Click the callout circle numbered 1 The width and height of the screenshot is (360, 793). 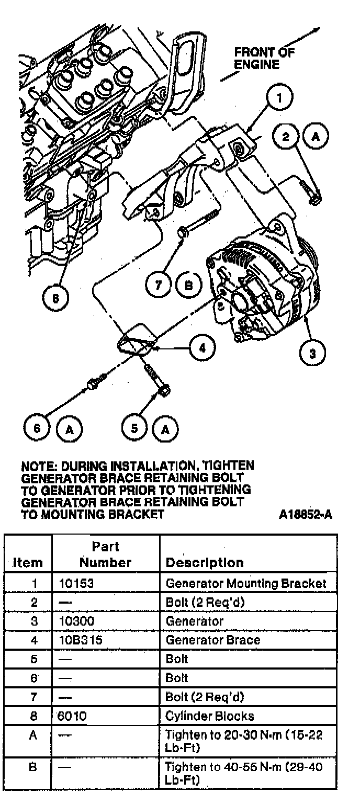point(280,98)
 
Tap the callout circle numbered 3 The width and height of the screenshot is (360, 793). point(313,353)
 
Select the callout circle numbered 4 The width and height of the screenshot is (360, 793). point(203,347)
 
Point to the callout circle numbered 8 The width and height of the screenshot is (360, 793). point(55,298)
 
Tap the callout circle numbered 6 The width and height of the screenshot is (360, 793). point(37,428)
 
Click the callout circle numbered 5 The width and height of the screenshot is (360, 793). point(135,428)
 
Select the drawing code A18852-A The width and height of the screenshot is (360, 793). point(306,514)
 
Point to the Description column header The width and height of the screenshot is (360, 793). point(205,562)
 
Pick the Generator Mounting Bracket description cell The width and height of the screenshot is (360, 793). point(245,583)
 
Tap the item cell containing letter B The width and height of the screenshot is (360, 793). point(33,767)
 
